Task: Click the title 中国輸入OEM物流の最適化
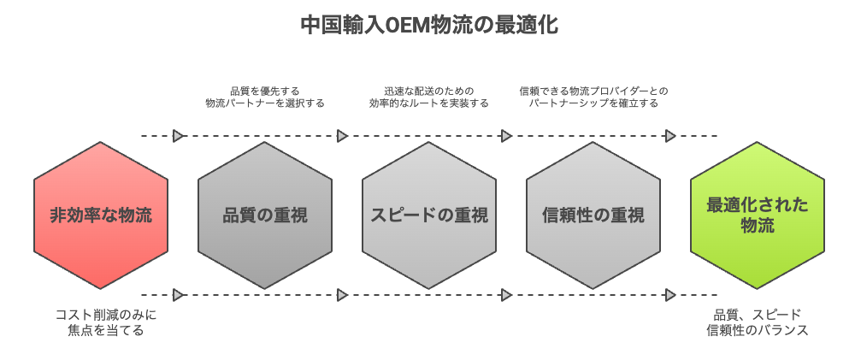tap(430, 26)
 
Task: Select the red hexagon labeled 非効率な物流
tap(101, 215)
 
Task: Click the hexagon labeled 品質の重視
tap(265, 215)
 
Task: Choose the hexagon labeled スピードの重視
tap(429, 215)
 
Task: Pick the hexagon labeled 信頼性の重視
tap(593, 215)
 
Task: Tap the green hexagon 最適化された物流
tap(758, 215)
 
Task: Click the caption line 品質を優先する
tap(265, 90)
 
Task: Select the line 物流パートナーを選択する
tap(265, 103)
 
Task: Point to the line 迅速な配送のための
tap(429, 90)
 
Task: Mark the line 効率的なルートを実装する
tap(429, 103)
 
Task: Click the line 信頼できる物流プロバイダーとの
tap(593, 90)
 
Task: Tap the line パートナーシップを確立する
tap(593, 103)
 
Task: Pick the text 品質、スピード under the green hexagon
tap(758, 315)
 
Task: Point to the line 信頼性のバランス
tap(758, 330)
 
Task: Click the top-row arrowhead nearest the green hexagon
tap(670, 136)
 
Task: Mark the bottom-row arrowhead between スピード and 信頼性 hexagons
tap(506, 295)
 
